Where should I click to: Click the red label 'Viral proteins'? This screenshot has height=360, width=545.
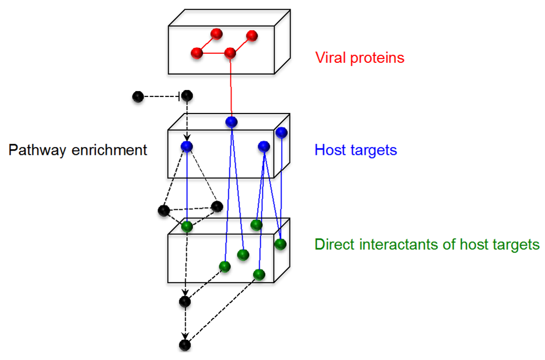[360, 58]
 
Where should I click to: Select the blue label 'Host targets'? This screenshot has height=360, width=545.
[356, 150]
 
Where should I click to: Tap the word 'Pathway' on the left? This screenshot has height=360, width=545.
[35, 150]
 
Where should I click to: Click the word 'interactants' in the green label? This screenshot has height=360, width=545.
[404, 244]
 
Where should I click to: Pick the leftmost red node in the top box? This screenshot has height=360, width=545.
[196, 53]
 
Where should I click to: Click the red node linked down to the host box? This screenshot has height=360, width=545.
[230, 53]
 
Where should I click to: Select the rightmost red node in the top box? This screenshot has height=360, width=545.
[252, 36]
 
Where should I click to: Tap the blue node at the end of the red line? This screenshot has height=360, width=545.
[231, 122]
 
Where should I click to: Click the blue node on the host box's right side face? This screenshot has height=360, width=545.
[281, 132]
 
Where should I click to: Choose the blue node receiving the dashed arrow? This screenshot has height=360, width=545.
[186, 146]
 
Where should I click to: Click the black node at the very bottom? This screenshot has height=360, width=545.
[185, 345]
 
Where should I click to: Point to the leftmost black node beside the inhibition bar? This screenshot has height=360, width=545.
[138, 96]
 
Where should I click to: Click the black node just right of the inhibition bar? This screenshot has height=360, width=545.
[187, 96]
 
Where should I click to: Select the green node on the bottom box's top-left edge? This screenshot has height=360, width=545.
[186, 226]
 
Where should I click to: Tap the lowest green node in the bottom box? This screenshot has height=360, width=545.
[259, 274]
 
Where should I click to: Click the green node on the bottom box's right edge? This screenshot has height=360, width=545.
[280, 244]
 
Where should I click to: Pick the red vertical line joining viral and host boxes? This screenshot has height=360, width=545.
[230, 88]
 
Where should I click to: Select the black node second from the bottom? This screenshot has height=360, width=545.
[185, 302]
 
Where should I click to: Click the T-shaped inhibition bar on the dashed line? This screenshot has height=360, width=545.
[178, 96]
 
